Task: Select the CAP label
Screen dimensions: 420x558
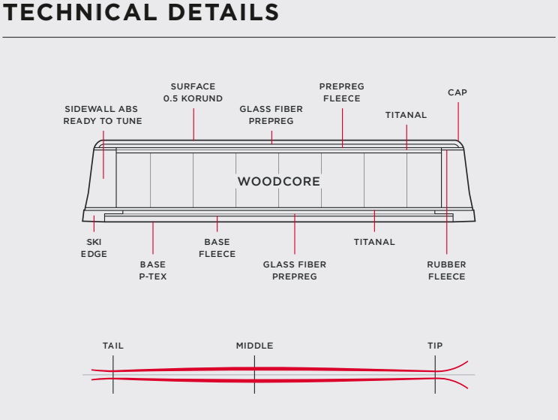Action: (457, 92)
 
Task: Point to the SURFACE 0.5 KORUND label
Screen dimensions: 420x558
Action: (193, 92)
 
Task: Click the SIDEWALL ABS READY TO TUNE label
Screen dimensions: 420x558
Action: (102, 115)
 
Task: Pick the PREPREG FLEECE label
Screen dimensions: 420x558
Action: (341, 92)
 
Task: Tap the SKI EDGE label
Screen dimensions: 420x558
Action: (94, 248)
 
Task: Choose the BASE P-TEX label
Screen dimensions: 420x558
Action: (152, 270)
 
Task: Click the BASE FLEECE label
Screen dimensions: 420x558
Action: (217, 248)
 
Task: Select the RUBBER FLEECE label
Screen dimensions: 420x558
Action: (446, 270)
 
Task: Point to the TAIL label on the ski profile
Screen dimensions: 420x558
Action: (113, 346)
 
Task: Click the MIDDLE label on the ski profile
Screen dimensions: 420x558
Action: (254, 346)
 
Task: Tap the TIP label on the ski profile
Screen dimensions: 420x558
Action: (435, 346)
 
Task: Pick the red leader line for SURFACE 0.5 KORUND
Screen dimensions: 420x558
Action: (193, 124)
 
